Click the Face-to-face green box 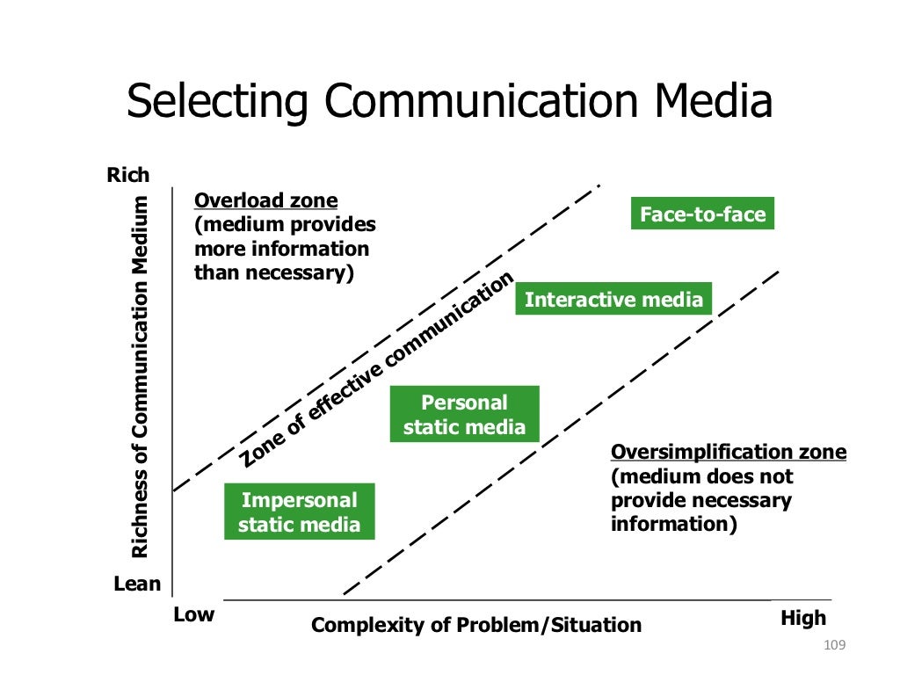click(702, 214)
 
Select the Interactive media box click(613, 300)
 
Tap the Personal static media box click(464, 415)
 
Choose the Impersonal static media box click(299, 512)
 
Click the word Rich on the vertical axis click(128, 175)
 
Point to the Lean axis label click(137, 584)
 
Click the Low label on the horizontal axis click(193, 614)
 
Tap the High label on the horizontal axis click(803, 618)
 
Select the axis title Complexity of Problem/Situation click(476, 626)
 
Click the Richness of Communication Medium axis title click(140, 377)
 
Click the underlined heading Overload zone click(265, 200)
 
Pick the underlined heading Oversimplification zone click(729, 453)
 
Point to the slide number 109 click(834, 647)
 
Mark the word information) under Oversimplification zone click(673, 524)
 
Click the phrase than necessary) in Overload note click(273, 272)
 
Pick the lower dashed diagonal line click(562, 431)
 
